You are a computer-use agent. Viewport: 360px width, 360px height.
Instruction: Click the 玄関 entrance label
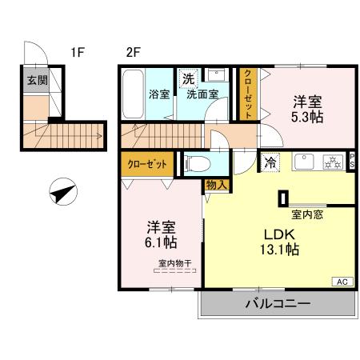38,80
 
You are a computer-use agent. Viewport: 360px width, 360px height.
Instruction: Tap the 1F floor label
78,52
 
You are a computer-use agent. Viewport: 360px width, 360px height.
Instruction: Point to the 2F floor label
133,52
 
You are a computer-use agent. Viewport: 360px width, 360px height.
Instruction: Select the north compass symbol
63,192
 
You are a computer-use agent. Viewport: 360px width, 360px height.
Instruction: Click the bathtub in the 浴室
133,94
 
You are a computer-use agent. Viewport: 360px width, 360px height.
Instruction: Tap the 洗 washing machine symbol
188,78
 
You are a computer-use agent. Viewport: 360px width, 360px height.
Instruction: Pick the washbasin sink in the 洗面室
217,75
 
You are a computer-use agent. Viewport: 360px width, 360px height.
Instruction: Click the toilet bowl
198,164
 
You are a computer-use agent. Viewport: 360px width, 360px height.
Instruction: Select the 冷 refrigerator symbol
270,162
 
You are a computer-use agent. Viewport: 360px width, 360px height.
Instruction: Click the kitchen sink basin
304,162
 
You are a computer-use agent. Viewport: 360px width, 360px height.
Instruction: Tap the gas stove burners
333,162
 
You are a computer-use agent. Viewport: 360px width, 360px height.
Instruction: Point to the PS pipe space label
352,161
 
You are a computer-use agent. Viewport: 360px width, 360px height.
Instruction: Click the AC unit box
342,282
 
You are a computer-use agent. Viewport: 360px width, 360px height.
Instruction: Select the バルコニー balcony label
278,303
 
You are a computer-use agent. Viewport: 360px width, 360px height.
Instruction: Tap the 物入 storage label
218,185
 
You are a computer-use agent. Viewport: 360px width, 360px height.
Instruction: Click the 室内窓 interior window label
307,214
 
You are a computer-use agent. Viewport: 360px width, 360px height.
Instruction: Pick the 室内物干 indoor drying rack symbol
175,270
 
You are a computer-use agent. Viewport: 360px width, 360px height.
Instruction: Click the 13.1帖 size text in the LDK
279,250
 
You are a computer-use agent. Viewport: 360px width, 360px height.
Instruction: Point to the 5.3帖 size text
307,117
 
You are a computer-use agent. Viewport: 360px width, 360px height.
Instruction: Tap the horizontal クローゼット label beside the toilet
147,164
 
